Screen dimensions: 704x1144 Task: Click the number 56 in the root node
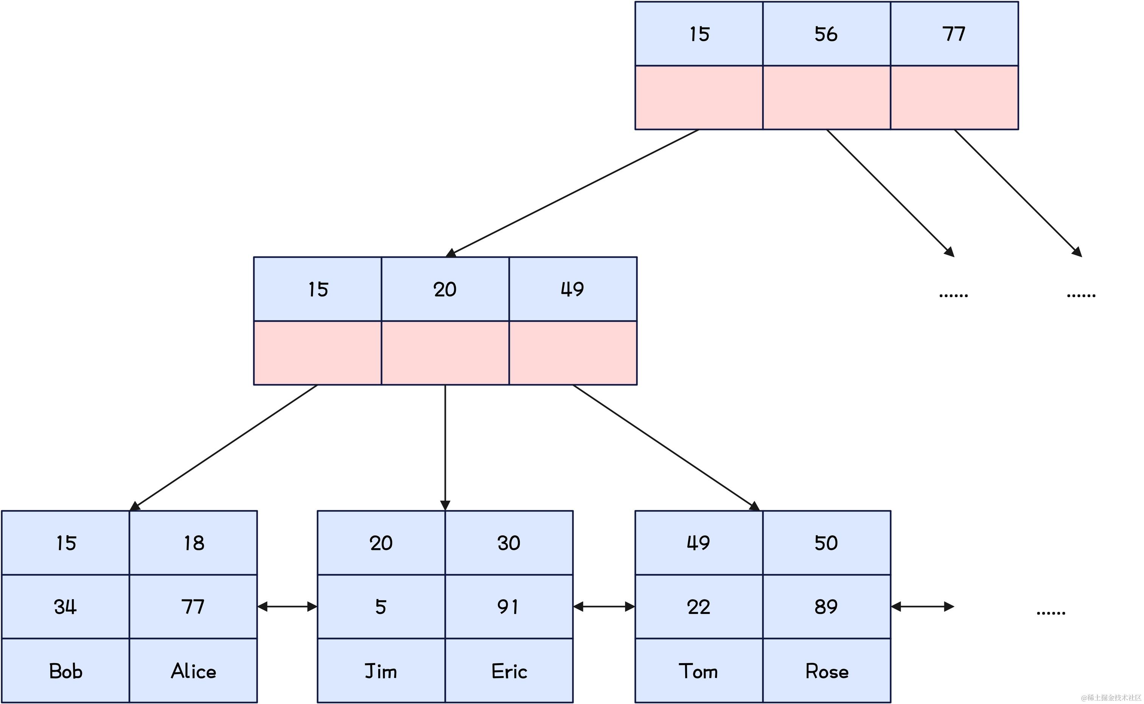point(826,34)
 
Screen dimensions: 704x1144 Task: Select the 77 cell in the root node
point(954,34)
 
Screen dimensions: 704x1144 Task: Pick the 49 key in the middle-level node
point(572,289)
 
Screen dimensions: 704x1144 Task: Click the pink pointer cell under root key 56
point(826,97)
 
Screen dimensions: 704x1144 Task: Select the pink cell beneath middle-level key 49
point(573,353)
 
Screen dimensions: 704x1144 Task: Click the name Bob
point(66,671)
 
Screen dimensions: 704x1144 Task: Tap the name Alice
point(193,671)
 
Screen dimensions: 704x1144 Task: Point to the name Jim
point(381,671)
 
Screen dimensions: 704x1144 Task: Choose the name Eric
point(509,671)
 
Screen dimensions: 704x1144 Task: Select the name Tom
point(698,671)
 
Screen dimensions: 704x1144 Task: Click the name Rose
point(827,671)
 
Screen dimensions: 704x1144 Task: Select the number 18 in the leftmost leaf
point(194,543)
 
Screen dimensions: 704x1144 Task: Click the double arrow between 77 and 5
point(287,607)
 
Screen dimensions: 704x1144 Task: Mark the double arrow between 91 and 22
point(604,607)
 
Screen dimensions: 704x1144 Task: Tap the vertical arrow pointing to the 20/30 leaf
point(445,447)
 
